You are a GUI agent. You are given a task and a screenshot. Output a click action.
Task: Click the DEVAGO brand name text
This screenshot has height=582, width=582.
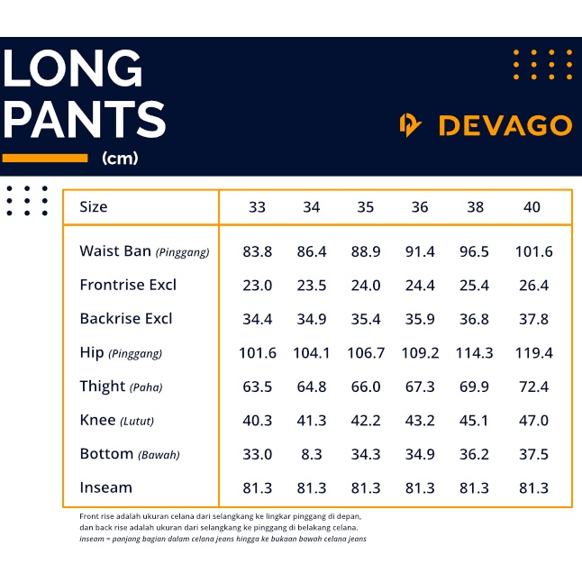pyautogui.click(x=505, y=125)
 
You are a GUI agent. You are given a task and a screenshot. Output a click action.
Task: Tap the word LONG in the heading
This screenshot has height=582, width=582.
pyautogui.click(x=73, y=69)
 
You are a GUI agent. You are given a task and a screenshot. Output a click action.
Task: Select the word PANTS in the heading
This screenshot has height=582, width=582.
pyautogui.click(x=85, y=120)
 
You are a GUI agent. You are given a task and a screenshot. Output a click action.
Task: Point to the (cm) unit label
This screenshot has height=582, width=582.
pyautogui.click(x=120, y=159)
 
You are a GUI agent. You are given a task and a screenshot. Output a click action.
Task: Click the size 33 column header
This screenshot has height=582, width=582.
pyautogui.click(x=257, y=207)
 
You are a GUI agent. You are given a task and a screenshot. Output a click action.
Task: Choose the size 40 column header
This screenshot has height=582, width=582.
pyautogui.click(x=532, y=207)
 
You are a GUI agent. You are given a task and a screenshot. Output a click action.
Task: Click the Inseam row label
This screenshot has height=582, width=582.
pyautogui.click(x=105, y=487)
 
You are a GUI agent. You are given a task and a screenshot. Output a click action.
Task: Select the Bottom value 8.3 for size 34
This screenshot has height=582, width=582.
pyautogui.click(x=311, y=454)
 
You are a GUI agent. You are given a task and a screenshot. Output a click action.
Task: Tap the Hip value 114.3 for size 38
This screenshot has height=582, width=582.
pyautogui.click(x=475, y=353)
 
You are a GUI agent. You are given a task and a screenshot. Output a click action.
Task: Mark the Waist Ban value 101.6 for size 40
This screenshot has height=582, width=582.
pyautogui.click(x=533, y=252)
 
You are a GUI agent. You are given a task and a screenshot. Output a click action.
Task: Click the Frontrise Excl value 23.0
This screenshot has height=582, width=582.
pyautogui.click(x=257, y=286)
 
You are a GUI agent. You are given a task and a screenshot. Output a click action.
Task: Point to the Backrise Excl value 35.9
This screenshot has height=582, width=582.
pyautogui.click(x=420, y=319)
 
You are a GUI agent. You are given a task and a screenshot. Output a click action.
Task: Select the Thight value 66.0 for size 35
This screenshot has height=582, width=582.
pyautogui.click(x=365, y=386)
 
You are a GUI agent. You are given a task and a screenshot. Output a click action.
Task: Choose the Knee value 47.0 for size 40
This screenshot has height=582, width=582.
pyautogui.click(x=533, y=421)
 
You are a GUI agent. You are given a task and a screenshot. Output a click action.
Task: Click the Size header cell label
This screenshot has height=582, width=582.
pyautogui.click(x=93, y=207)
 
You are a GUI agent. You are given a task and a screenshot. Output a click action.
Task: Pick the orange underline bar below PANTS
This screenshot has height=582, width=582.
pyautogui.click(x=45, y=159)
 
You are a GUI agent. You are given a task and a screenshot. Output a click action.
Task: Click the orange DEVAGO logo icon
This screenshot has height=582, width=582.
pyautogui.click(x=411, y=125)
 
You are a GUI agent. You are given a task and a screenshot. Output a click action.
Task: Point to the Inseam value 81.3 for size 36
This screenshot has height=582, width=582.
pyautogui.click(x=420, y=487)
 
